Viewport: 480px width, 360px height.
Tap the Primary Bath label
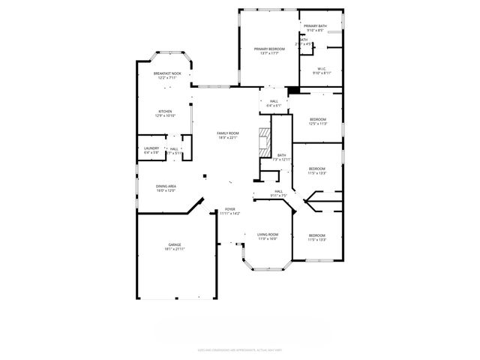pos(315,27)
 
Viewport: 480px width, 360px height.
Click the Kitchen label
pos(165,112)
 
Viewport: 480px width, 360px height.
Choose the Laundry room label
pos(151,148)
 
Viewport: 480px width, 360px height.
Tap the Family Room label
pos(228,133)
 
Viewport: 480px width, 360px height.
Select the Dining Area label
pos(166,187)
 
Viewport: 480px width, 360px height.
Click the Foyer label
pos(230,210)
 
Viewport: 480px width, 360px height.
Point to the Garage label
pos(174,245)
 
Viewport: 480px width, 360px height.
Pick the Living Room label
pos(268,235)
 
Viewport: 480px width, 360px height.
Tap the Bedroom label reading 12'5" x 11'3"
pos(318,120)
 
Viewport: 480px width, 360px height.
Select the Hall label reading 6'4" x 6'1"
pos(274,101)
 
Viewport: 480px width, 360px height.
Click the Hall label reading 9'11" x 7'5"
pos(278,192)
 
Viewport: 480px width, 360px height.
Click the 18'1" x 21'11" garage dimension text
pos(174,249)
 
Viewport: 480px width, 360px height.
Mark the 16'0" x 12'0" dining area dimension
pos(166,190)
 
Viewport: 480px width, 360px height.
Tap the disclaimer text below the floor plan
pos(239,349)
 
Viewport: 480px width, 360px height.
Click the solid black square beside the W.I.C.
pos(294,91)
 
